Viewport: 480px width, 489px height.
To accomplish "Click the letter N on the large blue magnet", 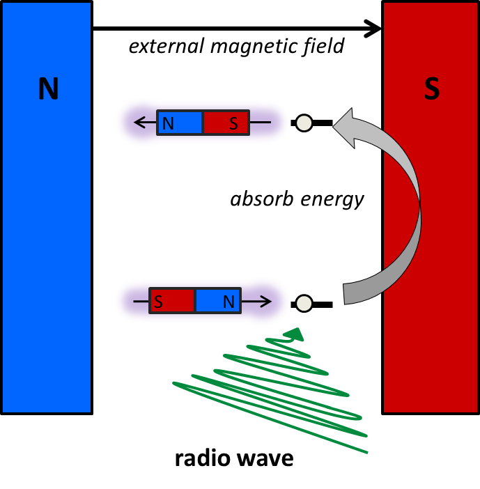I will (x=47, y=90).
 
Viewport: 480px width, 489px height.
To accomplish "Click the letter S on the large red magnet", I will (x=432, y=90).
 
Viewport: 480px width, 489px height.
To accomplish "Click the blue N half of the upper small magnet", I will (x=180, y=123).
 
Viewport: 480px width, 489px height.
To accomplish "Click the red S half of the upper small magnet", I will (x=226, y=123).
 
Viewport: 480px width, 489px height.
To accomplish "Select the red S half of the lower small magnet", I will (x=172, y=302).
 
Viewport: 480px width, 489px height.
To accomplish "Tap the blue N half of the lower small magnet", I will (x=218, y=302).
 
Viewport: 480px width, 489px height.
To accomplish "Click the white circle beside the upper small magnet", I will (x=304, y=123).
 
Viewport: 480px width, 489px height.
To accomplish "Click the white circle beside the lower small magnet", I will (x=304, y=304).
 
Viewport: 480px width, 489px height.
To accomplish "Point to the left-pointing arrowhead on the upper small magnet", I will (x=139, y=123).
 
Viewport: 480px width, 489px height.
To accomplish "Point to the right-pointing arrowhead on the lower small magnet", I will (x=266, y=302).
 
